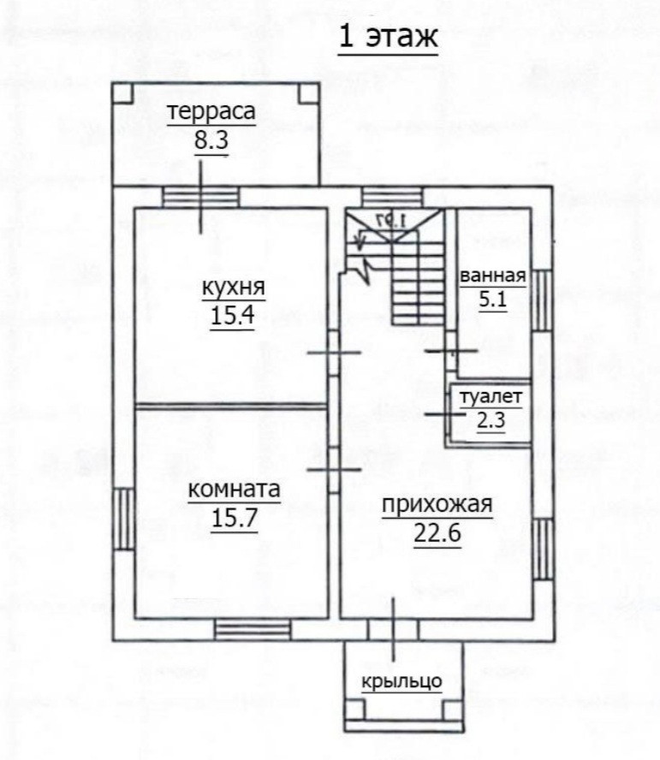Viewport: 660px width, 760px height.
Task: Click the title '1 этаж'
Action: (388, 37)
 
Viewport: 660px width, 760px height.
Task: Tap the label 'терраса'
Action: (211, 111)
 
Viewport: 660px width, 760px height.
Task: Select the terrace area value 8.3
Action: (211, 140)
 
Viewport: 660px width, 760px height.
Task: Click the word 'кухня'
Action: (233, 288)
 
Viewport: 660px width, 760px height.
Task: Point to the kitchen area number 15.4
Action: (233, 316)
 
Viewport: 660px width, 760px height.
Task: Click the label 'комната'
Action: (234, 490)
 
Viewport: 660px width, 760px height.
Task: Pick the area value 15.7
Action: (235, 518)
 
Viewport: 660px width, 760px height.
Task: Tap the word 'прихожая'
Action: (437, 505)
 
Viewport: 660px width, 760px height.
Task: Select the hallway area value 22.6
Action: (437, 533)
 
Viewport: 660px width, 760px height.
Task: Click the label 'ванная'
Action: (493, 276)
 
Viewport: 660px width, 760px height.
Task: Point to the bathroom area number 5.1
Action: (493, 300)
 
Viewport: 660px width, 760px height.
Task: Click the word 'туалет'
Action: (491, 397)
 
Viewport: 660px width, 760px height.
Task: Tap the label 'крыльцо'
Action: (402, 681)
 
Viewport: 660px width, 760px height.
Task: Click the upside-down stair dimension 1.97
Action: (391, 221)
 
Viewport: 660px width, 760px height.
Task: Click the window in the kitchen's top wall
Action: (200, 197)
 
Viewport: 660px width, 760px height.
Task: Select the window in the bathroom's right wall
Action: (542, 300)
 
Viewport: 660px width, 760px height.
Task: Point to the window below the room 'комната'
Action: (253, 630)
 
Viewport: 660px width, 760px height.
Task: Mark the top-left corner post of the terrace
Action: (122, 93)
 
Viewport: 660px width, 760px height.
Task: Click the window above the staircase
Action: (392, 197)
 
